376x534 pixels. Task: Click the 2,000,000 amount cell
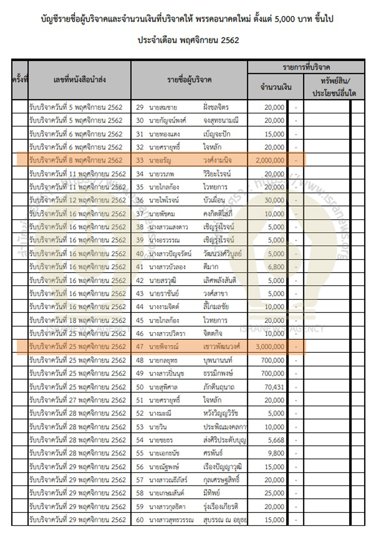pos(270,160)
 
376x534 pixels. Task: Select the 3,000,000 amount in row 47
pos(270,347)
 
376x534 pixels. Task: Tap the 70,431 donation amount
pos(274,387)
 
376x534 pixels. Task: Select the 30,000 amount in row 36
pos(274,200)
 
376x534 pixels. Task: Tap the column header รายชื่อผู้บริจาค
pos(189,79)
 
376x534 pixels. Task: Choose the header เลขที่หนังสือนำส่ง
pos(79,79)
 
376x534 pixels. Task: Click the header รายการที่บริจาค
pos(306,67)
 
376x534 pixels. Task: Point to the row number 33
pos(139,160)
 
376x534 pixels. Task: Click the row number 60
pos(139,520)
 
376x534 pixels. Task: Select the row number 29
pos(139,107)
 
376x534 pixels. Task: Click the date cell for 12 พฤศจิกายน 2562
pos(77,200)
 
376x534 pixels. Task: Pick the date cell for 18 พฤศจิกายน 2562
pos(77,320)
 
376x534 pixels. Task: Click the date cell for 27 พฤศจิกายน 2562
pos(77,400)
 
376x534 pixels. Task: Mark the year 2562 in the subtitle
pos(229,40)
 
